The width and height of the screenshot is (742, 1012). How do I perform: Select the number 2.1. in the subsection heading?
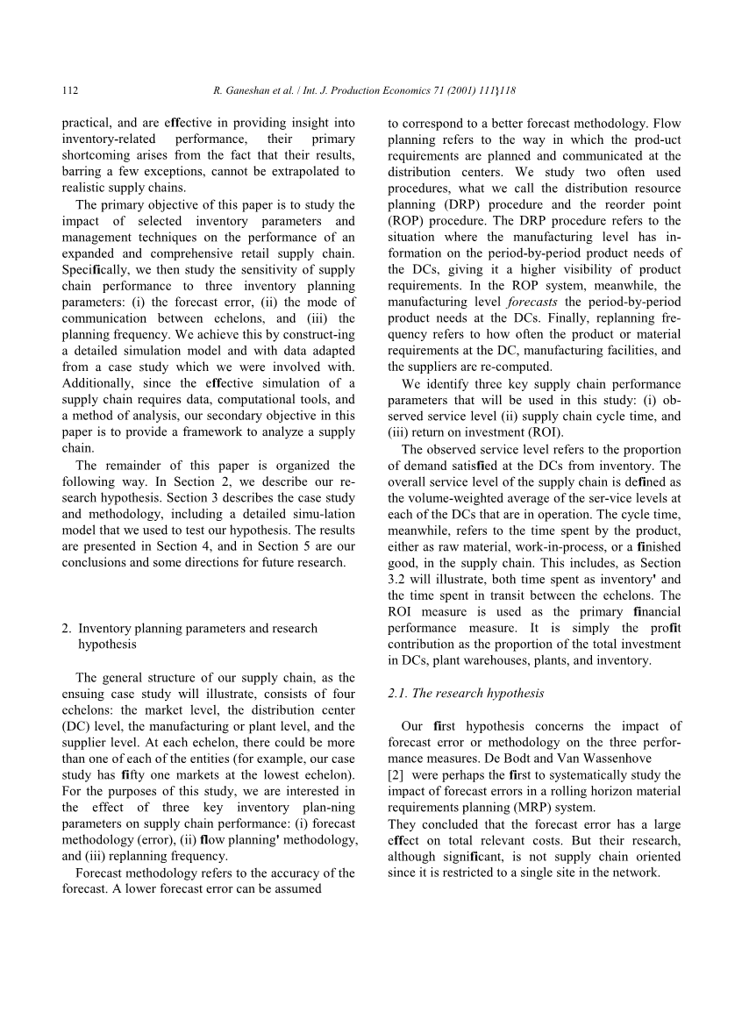click(x=397, y=693)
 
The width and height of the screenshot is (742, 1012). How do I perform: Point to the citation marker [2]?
click(x=395, y=775)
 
